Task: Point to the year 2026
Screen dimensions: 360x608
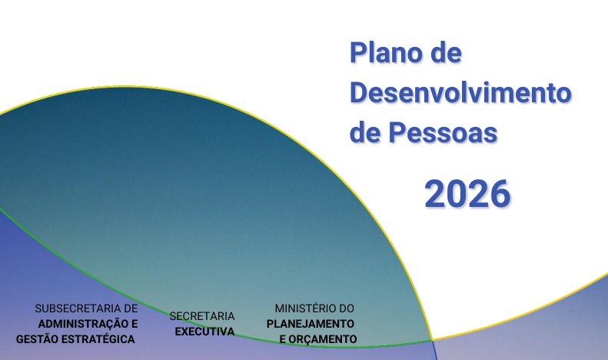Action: coord(467,193)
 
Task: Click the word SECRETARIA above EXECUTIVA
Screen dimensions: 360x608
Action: coord(202,316)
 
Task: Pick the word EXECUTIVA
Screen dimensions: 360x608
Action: coord(204,332)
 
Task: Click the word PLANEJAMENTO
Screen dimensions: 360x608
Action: coord(311,324)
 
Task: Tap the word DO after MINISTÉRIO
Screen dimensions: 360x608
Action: coord(347,308)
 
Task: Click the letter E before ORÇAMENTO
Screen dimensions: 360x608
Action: coord(282,339)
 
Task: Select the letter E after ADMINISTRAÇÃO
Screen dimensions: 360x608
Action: coord(135,324)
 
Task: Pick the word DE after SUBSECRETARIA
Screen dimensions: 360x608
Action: coord(131,308)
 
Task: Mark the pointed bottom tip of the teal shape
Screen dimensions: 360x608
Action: coord(433,340)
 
